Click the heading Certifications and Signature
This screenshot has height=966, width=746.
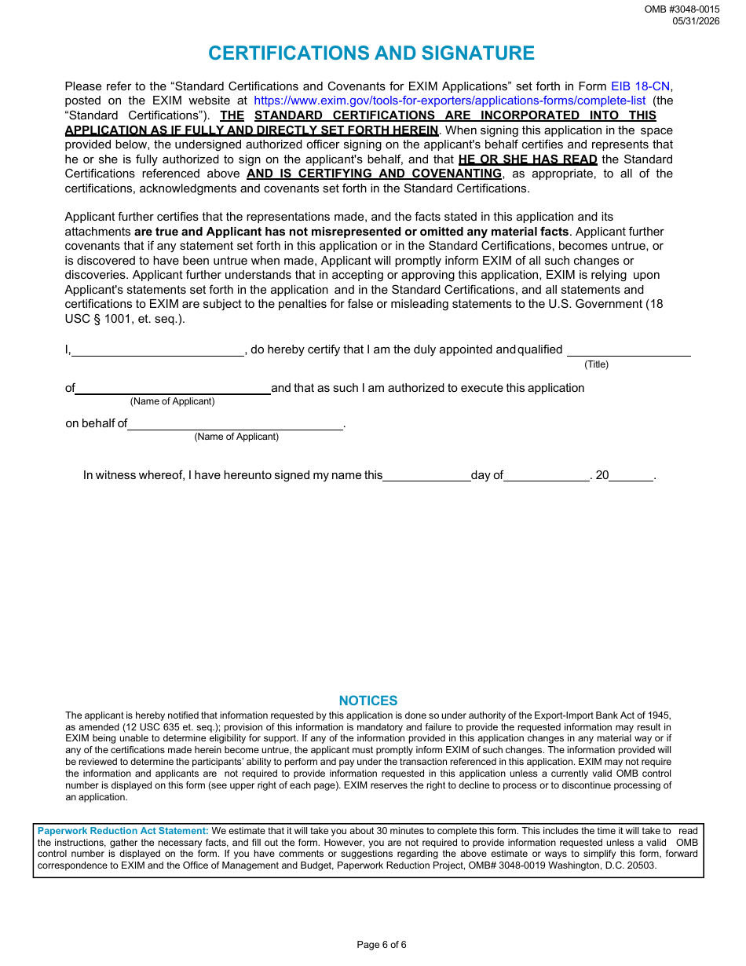coord(371,53)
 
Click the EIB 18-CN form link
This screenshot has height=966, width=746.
coord(641,86)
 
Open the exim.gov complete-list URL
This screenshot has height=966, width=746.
coord(450,101)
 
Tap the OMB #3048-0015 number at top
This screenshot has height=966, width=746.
coord(682,9)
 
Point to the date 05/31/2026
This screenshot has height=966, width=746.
coord(696,21)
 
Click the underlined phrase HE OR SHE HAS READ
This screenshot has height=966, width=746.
coord(528,159)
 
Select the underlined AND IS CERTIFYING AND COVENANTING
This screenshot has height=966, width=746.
coord(374,174)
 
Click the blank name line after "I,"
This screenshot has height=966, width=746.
coord(158,350)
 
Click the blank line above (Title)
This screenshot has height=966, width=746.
coord(628,350)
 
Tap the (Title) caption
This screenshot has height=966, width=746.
coord(596,364)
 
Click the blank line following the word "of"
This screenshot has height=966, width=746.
coord(173,388)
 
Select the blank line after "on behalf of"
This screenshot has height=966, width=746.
coord(235,424)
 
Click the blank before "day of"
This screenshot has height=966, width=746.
coord(426,475)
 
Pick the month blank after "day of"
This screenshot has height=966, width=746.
coord(547,475)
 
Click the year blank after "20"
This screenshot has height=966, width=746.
coord(631,475)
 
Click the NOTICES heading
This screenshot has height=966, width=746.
coord(368,701)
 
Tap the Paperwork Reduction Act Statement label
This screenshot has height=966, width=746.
coord(123,831)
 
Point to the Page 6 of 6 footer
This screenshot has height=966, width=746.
coord(382,945)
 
